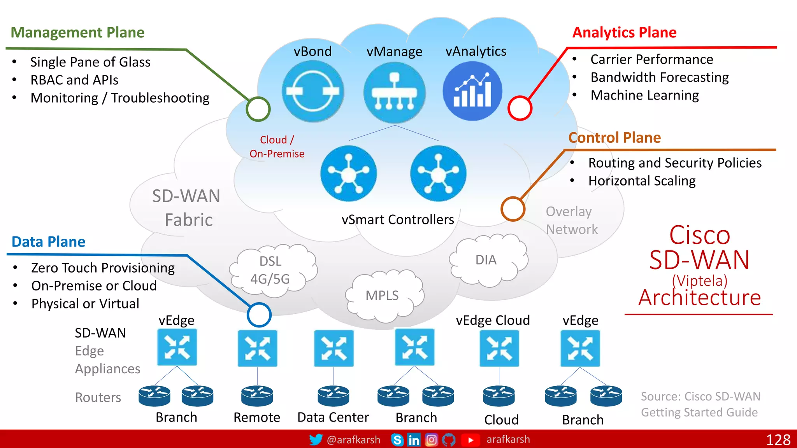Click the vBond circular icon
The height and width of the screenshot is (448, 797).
coord(312,92)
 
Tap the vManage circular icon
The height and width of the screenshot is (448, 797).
coord(394,93)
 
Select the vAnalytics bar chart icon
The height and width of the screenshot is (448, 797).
coord(472,91)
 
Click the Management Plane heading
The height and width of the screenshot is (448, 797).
coord(77,32)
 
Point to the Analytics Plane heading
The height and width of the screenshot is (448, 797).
coord(624,32)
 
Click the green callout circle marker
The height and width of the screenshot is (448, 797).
coord(258,109)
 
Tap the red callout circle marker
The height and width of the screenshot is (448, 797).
coord(520,108)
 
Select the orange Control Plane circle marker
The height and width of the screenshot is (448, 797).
coord(513,209)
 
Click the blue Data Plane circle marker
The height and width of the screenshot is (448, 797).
coord(259,315)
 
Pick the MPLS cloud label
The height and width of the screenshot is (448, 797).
coord(382,296)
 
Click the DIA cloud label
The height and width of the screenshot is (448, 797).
coord(486,260)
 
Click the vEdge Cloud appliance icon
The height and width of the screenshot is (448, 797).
coord(499,348)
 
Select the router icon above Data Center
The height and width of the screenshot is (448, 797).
coord(333,395)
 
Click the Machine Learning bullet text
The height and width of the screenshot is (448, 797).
coord(644,95)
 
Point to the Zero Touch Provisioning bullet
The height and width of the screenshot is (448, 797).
coord(103,268)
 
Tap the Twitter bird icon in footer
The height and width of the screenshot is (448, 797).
coord(316,439)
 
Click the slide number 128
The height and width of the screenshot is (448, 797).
coord(778,440)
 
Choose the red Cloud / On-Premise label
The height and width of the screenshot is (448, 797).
coord(277,147)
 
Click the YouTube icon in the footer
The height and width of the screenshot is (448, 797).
coord(470,440)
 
